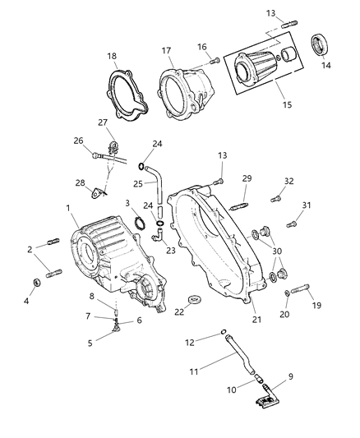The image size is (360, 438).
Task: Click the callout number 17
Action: pos(167,51)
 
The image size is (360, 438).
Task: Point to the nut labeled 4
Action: pos(35,284)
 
